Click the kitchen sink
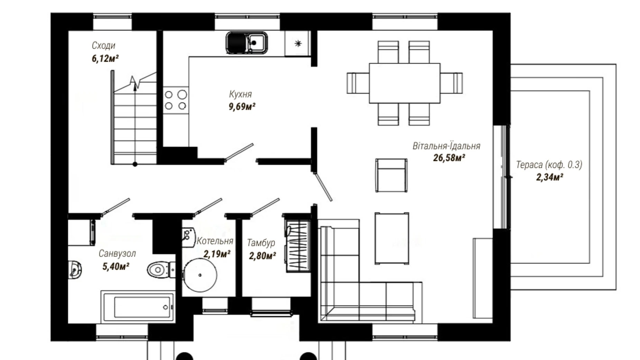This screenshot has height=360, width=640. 247,43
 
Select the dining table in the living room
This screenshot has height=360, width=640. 404,83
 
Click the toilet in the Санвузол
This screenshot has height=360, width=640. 161,269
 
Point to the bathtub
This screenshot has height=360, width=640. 138,306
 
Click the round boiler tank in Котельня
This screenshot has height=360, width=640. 200,275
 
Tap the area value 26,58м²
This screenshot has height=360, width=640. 449,158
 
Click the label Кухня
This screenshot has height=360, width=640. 240,94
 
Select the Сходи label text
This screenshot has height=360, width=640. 103,45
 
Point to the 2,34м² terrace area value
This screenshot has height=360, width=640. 549,177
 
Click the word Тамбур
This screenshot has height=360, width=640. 261,243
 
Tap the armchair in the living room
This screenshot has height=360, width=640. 391,175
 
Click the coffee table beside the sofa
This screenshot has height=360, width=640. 392,238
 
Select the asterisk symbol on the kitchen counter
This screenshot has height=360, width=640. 298,43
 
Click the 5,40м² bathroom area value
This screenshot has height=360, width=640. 116,266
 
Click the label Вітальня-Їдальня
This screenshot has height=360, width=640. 446,146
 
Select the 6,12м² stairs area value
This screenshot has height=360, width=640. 105,58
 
